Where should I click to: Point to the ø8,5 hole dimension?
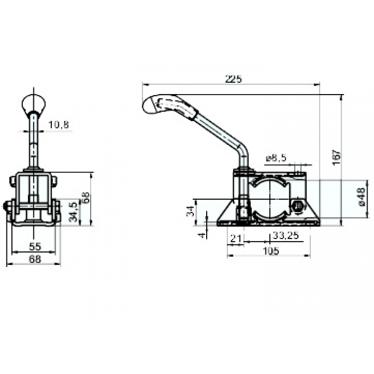click(x=276, y=158)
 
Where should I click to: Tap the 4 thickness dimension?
click(x=202, y=233)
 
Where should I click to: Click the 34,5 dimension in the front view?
click(x=74, y=212)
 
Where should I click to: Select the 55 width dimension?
click(x=34, y=246)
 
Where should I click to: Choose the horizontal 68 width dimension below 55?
click(x=34, y=259)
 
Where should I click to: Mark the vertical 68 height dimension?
click(x=86, y=198)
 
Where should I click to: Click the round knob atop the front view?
click(x=34, y=104)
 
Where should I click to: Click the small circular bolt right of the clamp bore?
click(x=298, y=205)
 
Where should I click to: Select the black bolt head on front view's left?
click(x=7, y=206)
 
